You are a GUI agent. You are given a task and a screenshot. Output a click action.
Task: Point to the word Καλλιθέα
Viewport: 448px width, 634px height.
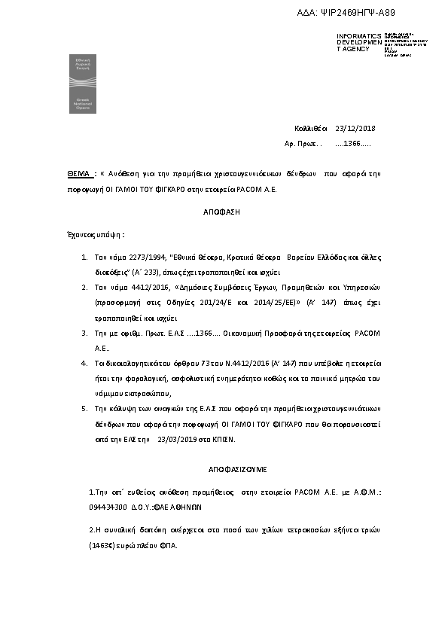point(310,128)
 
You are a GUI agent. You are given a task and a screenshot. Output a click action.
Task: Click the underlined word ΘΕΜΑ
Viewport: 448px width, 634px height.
point(78,173)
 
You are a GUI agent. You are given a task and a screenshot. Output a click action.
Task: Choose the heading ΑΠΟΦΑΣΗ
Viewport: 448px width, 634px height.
point(221,212)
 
